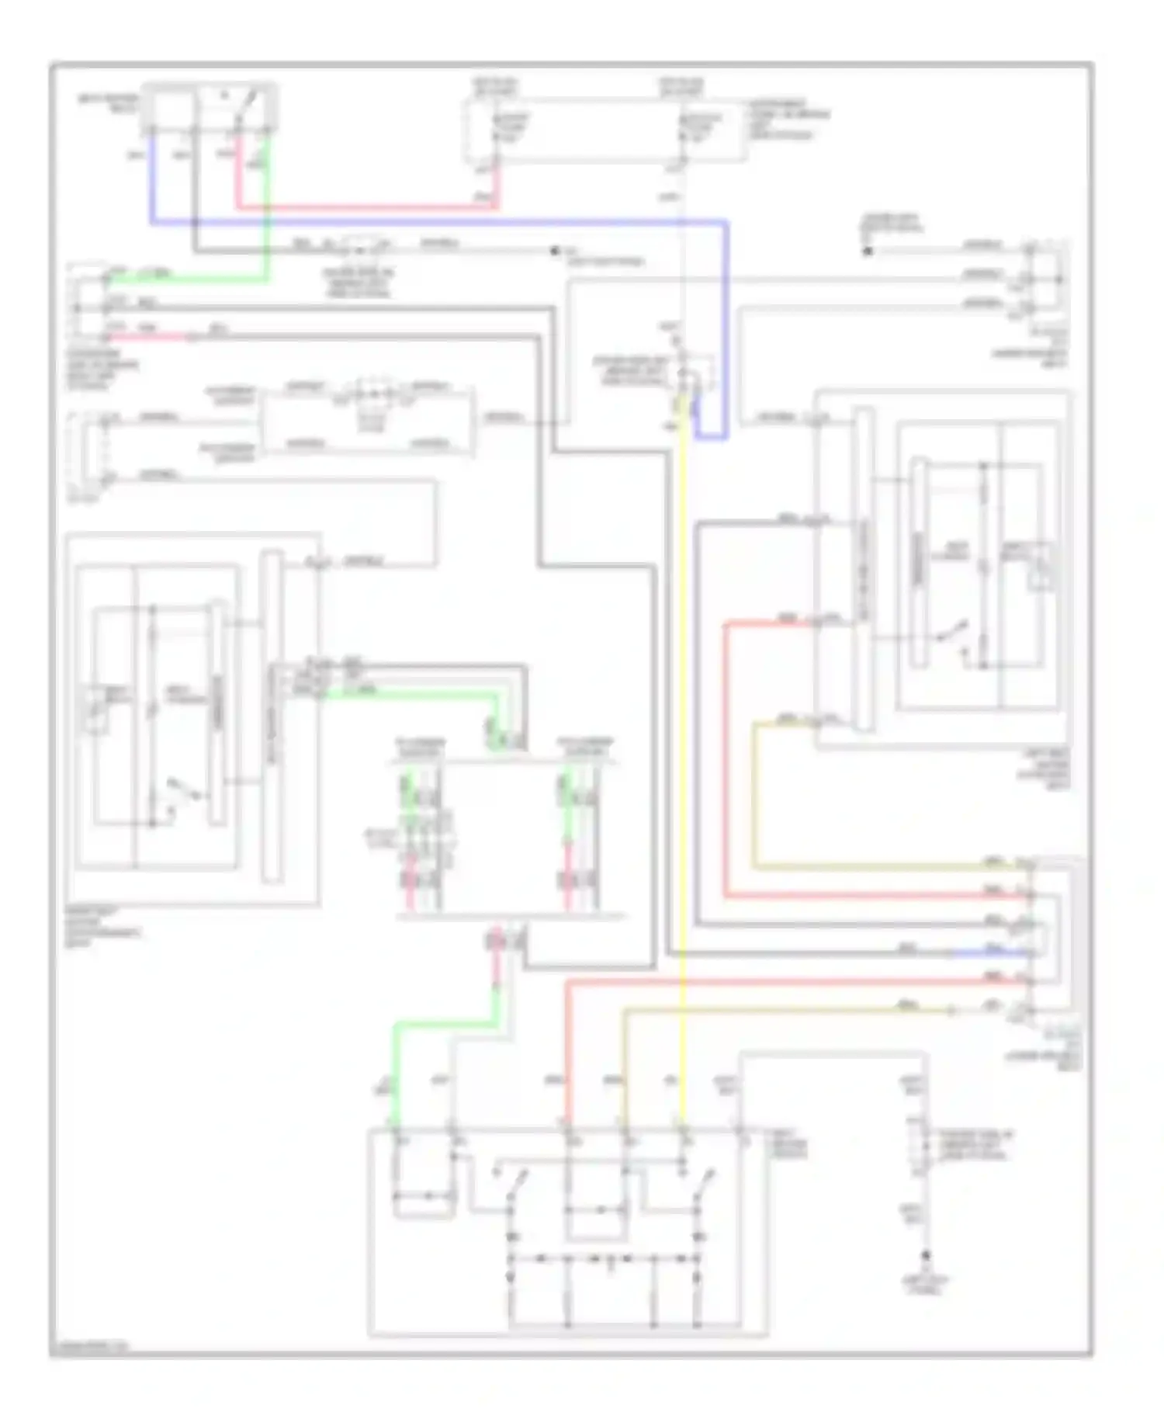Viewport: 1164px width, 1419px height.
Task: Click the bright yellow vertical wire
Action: [x=683, y=699]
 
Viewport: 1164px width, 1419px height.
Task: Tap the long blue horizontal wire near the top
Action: [x=435, y=223]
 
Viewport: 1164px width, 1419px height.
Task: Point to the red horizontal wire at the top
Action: [x=365, y=207]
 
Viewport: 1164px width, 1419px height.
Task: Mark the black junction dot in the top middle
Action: [x=554, y=251]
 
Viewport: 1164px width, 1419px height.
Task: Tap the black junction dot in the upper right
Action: [x=868, y=251]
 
